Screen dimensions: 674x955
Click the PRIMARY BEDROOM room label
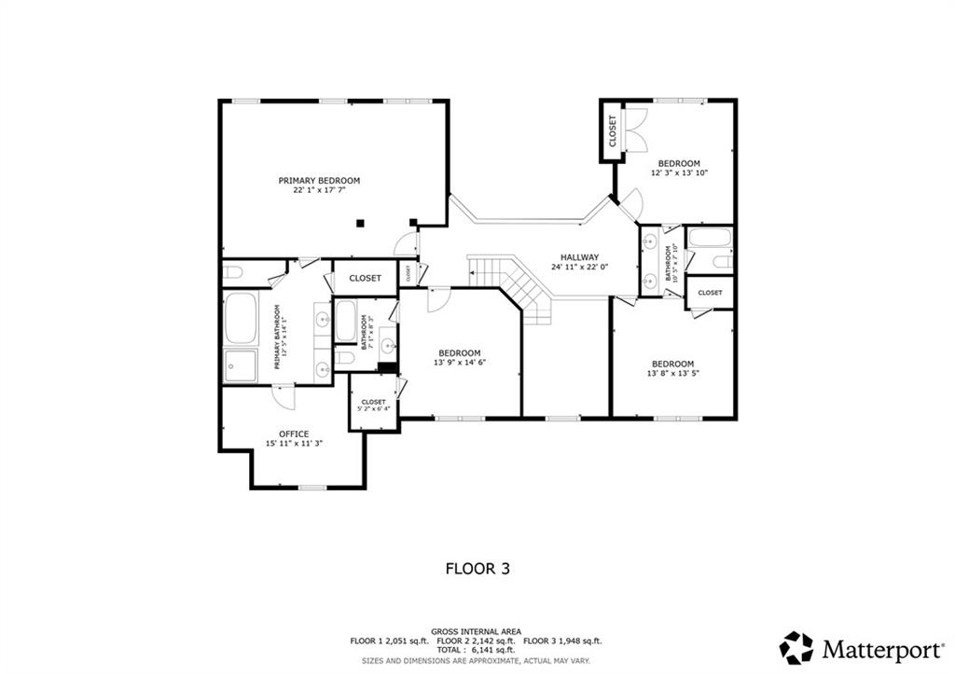[x=319, y=180]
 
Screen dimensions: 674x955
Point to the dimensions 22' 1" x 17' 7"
[x=319, y=190]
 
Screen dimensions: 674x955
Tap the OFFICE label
[x=294, y=433]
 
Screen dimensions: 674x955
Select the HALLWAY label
[x=579, y=257]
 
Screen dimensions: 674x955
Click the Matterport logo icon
[x=796, y=647]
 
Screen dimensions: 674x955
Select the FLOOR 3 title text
[x=477, y=568]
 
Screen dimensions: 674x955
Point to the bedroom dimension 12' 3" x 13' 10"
[x=678, y=173]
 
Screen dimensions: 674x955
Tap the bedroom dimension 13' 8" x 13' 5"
[x=672, y=374]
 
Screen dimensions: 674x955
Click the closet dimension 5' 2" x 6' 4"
[x=373, y=408]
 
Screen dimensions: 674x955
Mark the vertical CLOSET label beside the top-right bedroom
[x=613, y=131]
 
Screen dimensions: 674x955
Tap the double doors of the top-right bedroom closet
[x=634, y=131]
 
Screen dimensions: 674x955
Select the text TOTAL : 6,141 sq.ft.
[x=477, y=651]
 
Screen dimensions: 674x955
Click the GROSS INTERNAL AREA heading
[x=477, y=631]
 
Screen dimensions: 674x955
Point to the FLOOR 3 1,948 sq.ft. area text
[x=562, y=641]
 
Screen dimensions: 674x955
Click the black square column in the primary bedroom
[x=361, y=223]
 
